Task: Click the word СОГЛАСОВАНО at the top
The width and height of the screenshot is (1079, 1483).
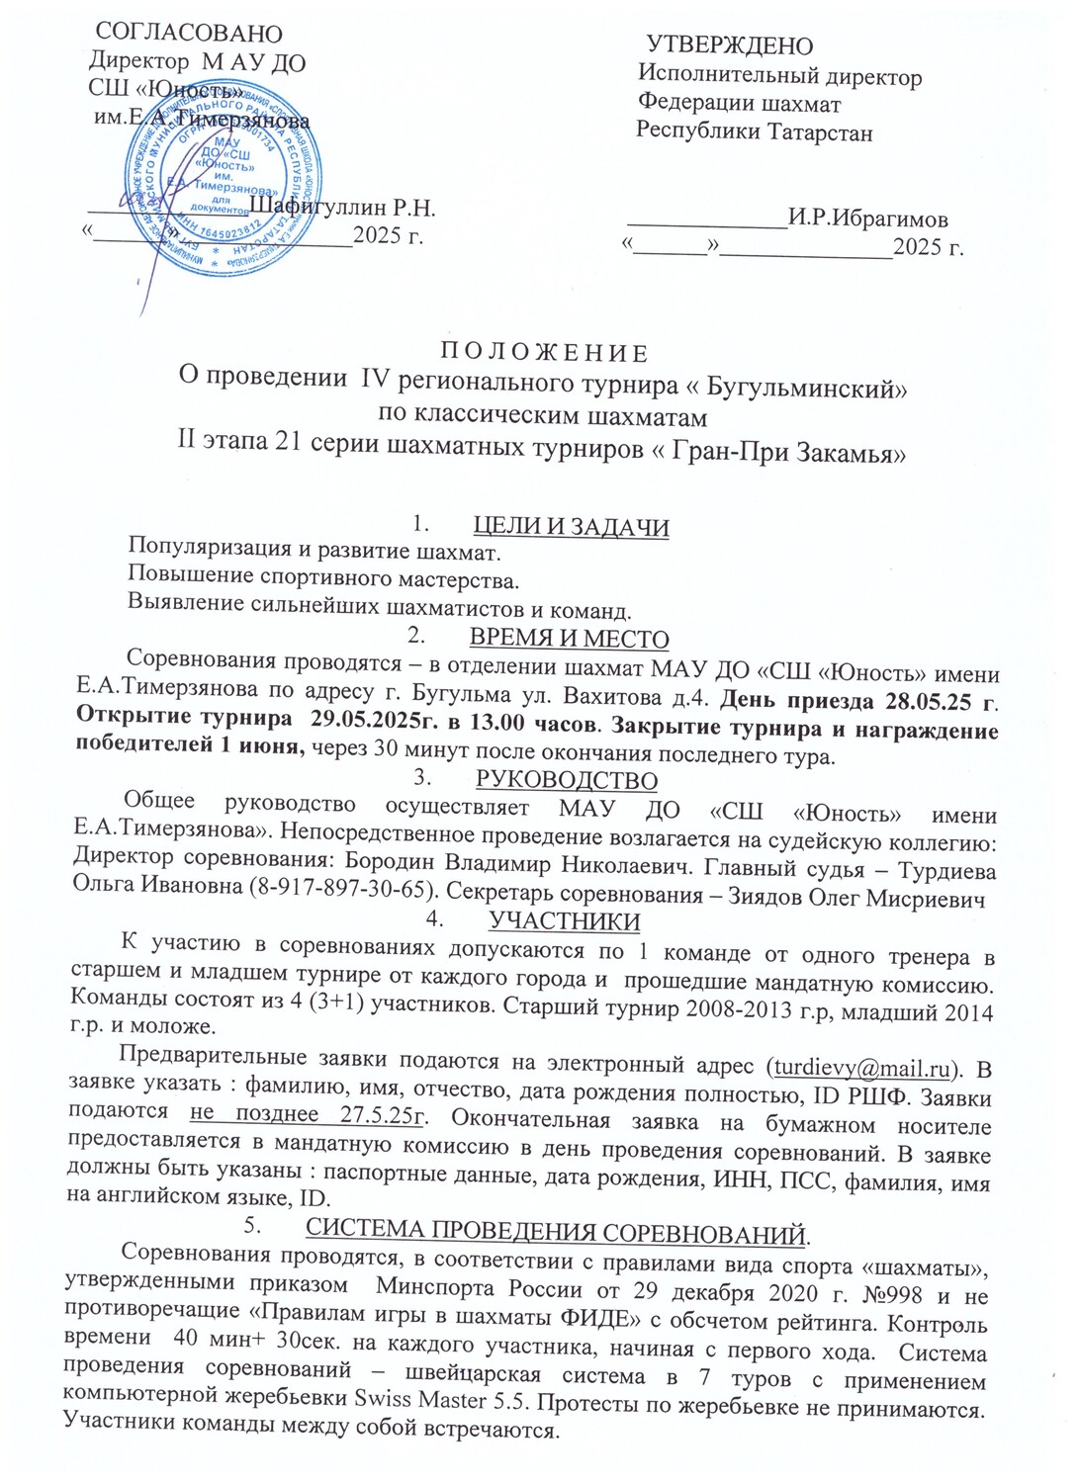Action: (x=188, y=36)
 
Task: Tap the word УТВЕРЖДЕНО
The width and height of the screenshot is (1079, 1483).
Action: (x=730, y=45)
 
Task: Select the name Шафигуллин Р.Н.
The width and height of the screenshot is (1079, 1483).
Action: (x=343, y=208)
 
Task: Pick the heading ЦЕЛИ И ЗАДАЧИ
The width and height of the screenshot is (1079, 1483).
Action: (x=571, y=527)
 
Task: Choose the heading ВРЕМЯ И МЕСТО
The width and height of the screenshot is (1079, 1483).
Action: (x=570, y=639)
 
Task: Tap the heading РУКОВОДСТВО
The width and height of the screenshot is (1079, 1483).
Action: (x=567, y=780)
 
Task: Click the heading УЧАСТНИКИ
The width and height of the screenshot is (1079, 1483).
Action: (x=565, y=921)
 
